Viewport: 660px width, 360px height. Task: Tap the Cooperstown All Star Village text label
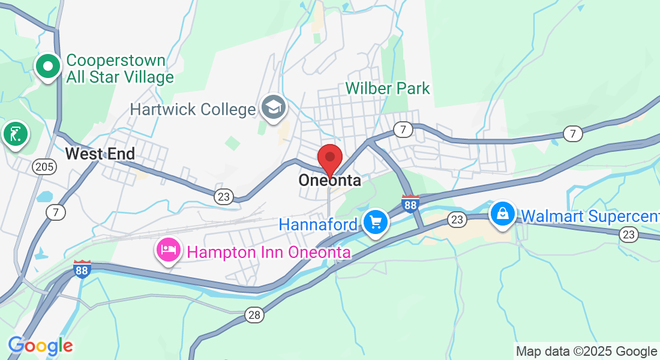pyautogui.click(x=120, y=68)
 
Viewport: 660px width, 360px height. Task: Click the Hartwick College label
pyautogui.click(x=193, y=110)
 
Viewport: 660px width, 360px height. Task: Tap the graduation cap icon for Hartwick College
pyautogui.click(x=274, y=108)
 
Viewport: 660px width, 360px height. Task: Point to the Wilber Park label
pyautogui.click(x=388, y=89)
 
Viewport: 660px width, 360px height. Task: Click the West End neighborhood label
pyautogui.click(x=100, y=154)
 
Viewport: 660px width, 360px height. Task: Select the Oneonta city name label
pyautogui.click(x=330, y=181)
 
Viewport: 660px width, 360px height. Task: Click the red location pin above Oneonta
pyautogui.click(x=329, y=158)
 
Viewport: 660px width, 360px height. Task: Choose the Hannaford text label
pyautogui.click(x=318, y=225)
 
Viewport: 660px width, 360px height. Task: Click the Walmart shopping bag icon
pyautogui.click(x=503, y=213)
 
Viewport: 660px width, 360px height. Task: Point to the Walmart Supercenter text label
pyautogui.click(x=590, y=216)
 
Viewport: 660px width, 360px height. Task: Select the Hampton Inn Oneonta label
pyautogui.click(x=269, y=253)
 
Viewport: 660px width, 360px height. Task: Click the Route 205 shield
pyautogui.click(x=44, y=166)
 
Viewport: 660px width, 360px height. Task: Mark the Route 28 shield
pyautogui.click(x=254, y=315)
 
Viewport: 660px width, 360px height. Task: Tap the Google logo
pyautogui.click(x=40, y=346)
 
